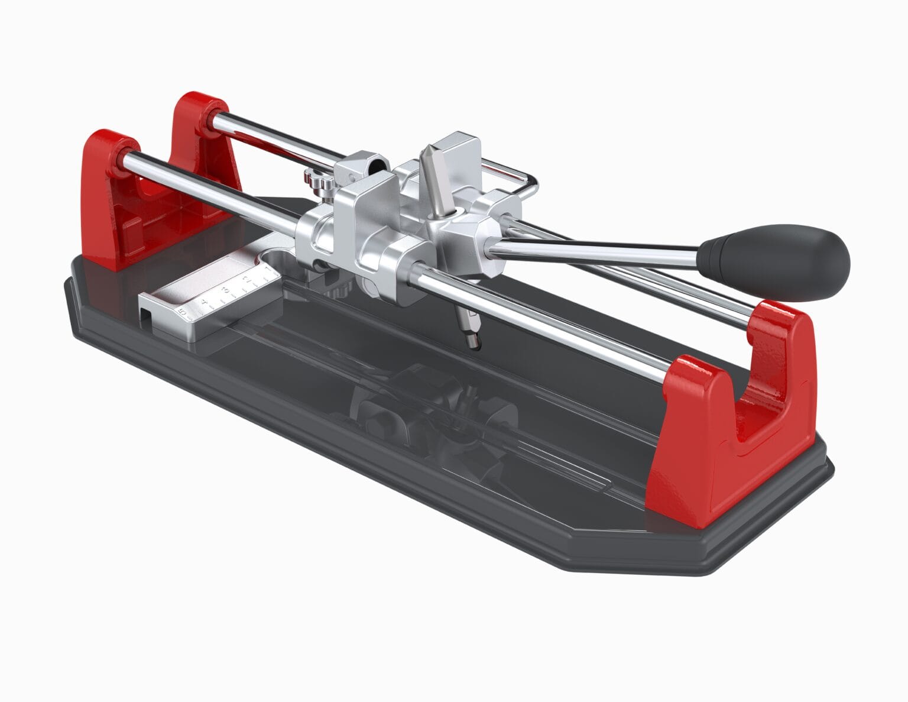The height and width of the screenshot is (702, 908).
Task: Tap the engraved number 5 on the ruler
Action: click(184, 308)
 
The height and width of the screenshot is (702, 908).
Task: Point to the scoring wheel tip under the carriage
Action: click(473, 343)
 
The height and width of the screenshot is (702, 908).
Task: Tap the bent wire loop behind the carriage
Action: click(520, 177)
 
